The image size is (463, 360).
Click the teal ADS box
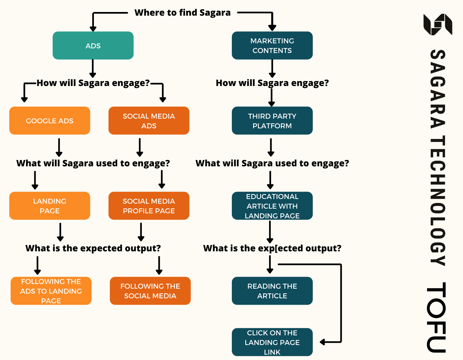93,46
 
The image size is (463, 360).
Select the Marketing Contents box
272,46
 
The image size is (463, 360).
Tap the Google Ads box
50,121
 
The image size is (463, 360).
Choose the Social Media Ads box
149,121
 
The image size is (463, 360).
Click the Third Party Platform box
272,121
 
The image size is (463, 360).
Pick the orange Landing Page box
50,206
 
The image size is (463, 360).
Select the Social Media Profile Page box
149,206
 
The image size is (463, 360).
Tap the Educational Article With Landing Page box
272,206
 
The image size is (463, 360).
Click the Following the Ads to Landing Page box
51,291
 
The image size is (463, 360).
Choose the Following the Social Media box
150,291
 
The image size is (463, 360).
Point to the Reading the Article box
272,291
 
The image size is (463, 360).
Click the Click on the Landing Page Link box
272,342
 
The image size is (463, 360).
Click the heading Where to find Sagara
183,13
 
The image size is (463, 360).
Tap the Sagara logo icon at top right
438,24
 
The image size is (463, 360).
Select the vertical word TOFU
437,317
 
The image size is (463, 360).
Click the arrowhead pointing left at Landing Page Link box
322,342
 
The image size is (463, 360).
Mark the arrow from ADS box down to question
93,68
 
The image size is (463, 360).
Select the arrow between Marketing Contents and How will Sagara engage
272,68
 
